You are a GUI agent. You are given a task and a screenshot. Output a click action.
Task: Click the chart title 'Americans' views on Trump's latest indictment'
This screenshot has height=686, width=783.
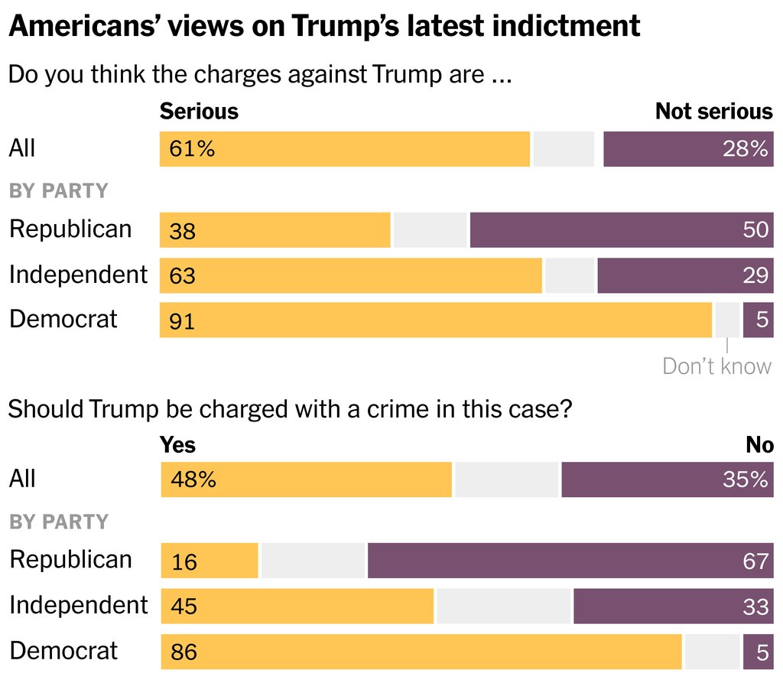click(x=324, y=27)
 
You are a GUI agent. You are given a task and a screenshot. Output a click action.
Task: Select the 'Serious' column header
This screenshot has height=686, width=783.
click(x=199, y=112)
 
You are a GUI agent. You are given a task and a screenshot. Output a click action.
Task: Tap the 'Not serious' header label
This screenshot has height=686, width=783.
click(x=713, y=112)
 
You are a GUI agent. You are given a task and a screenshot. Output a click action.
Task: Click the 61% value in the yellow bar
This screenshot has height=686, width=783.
click(x=193, y=149)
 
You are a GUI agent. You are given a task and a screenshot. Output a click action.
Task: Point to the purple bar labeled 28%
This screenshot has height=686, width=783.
click(x=688, y=149)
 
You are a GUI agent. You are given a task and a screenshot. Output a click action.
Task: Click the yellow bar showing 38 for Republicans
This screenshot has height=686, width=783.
click(x=275, y=230)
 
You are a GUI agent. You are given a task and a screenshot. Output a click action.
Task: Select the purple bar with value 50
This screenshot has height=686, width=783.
click(x=621, y=230)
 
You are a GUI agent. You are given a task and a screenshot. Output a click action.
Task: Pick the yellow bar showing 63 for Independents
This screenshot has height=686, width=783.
click(x=351, y=275)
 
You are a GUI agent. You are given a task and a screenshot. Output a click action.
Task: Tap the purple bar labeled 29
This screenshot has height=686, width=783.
click(x=685, y=275)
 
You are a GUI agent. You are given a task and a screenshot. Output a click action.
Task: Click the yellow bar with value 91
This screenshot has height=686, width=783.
click(x=436, y=320)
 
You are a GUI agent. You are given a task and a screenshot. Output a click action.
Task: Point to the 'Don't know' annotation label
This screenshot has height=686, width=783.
click(x=716, y=366)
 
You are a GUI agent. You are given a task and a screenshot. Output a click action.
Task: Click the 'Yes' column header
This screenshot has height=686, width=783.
click(x=177, y=444)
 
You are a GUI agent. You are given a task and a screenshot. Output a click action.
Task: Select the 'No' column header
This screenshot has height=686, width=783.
click(x=759, y=444)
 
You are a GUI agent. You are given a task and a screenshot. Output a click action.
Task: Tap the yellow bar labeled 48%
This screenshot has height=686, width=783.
click(x=307, y=480)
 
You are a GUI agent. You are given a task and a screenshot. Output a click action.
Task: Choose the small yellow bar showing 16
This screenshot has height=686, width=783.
click(x=210, y=561)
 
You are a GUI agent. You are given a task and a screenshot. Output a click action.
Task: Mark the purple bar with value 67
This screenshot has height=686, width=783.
click(x=570, y=561)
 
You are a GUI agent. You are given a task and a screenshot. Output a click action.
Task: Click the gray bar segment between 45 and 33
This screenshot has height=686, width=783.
click(x=503, y=606)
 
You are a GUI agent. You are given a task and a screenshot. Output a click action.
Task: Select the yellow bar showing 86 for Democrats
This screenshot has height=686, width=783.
click(x=421, y=652)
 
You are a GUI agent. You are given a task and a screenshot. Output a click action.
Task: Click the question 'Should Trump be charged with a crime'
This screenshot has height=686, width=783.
click(x=290, y=409)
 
